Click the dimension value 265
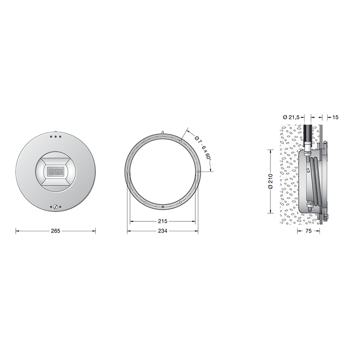[56, 231]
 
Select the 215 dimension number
[162, 221]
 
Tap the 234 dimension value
[162, 231]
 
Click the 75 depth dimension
[309, 231]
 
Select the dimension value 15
[335, 117]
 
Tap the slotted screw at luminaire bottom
[56, 207]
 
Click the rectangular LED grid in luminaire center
[56, 171]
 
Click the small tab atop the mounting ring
[162, 132]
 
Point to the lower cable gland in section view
[309, 207]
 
